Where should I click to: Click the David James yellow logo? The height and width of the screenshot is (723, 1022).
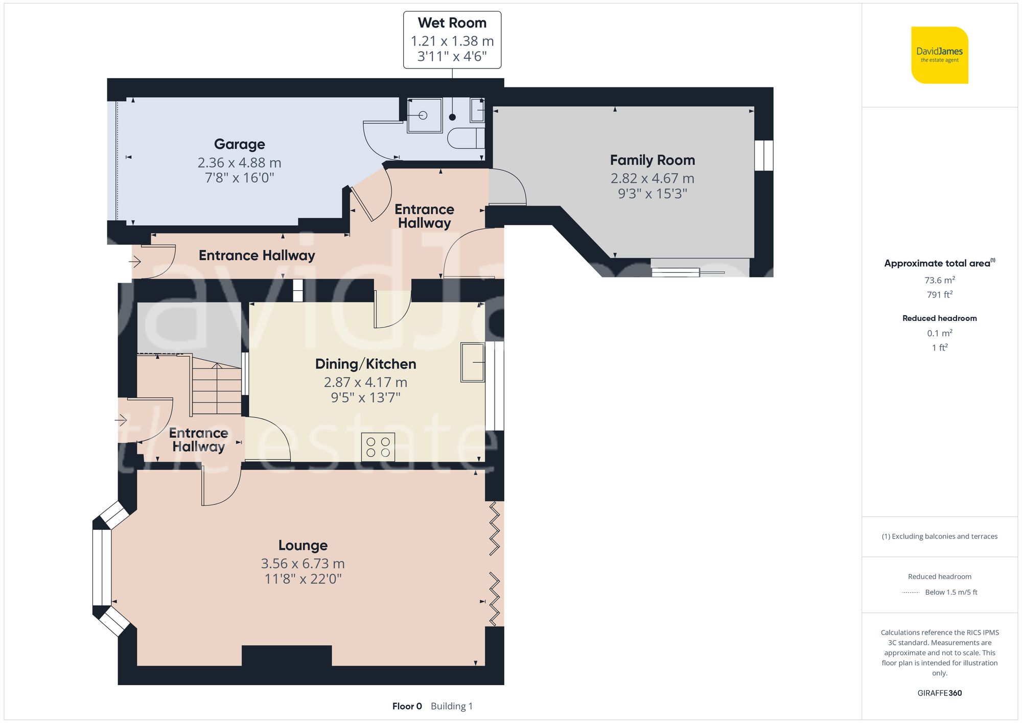tap(939, 55)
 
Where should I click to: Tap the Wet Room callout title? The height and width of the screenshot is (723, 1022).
tap(452, 23)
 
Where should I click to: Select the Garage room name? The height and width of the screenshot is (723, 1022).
tap(239, 144)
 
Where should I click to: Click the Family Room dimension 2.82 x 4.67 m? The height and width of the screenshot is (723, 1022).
tap(652, 178)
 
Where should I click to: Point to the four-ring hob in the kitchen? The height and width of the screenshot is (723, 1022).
tap(378, 447)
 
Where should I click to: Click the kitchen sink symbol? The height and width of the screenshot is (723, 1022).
tap(472, 362)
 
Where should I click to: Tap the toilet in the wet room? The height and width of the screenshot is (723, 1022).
tap(465, 138)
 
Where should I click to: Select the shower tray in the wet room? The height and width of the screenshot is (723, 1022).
tap(424, 116)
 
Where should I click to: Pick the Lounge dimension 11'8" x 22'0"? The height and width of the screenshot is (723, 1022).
tap(303, 579)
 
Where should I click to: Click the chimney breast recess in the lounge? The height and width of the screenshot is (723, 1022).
tap(286, 656)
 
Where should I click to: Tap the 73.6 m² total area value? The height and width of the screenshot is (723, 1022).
tap(939, 280)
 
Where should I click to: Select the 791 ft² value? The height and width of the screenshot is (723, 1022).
tap(939, 295)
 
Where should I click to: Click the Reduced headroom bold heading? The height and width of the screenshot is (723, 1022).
tap(939, 318)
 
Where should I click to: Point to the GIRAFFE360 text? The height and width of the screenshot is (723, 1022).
tap(939, 693)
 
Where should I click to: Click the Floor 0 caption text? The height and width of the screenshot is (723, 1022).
tap(407, 706)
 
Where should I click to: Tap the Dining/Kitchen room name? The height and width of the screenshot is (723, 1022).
tap(365, 364)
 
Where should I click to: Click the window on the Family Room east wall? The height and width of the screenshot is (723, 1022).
tap(763, 155)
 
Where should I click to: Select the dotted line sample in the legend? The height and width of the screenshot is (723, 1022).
tap(910, 593)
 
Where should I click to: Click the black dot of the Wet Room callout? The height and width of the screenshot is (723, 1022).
tap(452, 117)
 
